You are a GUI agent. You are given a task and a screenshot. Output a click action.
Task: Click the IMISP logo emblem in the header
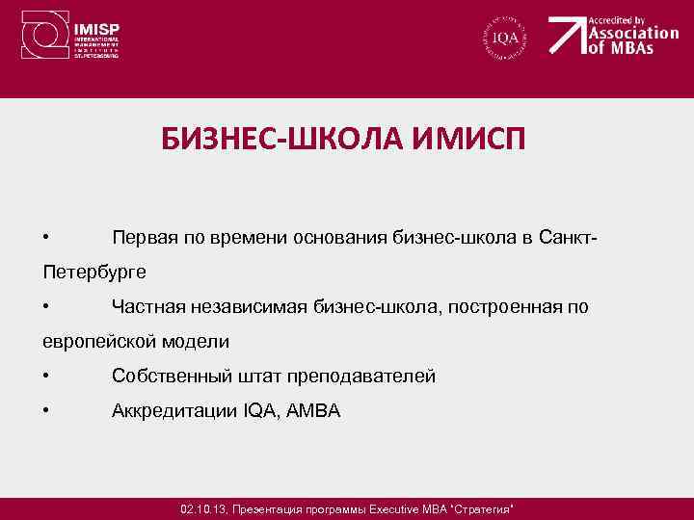click(x=43, y=37)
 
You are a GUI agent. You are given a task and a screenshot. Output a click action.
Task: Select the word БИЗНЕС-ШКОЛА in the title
click(x=272, y=143)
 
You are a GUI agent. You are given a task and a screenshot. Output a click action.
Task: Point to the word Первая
click(x=144, y=237)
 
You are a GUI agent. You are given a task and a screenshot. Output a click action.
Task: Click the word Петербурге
click(x=94, y=272)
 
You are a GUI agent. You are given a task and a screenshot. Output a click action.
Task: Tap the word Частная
click(x=145, y=306)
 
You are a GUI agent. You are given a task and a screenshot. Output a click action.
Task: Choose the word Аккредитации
click(x=173, y=410)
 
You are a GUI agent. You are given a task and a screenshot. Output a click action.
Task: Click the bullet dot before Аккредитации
click(x=46, y=411)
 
